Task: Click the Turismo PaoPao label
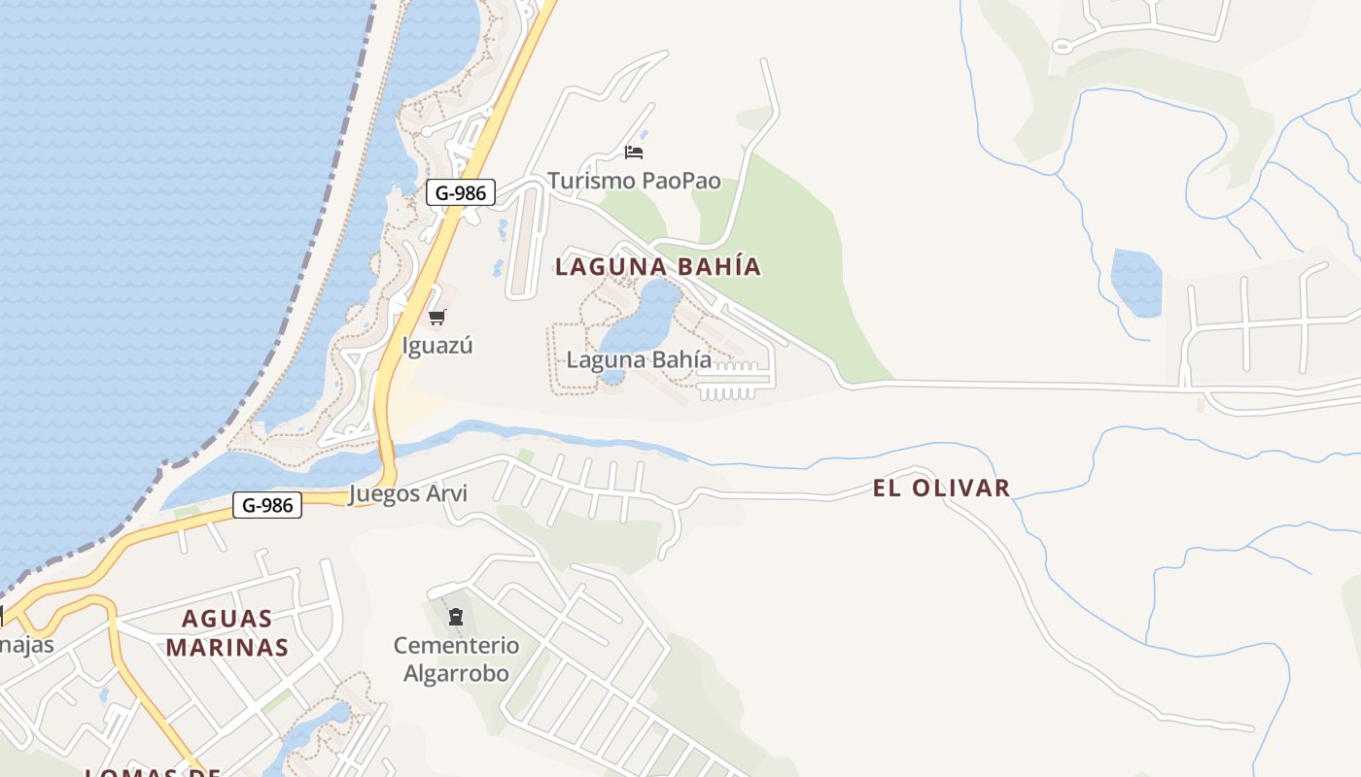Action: [634, 181]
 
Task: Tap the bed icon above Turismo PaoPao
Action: [634, 152]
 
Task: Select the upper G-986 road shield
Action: [461, 192]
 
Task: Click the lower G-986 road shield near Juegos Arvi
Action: [267, 505]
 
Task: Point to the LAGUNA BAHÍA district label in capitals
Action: [658, 266]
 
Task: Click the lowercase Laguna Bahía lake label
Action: [639, 359]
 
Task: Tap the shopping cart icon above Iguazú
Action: [436, 317]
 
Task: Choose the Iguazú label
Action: [437, 345]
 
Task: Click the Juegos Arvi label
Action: [407, 493]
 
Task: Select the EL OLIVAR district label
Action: [941, 488]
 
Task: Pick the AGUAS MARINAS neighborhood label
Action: [227, 632]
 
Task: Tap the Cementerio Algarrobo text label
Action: [456, 659]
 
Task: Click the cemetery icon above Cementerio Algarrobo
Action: [455, 616]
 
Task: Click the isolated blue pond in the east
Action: [1136, 283]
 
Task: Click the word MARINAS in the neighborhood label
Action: [227, 647]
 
